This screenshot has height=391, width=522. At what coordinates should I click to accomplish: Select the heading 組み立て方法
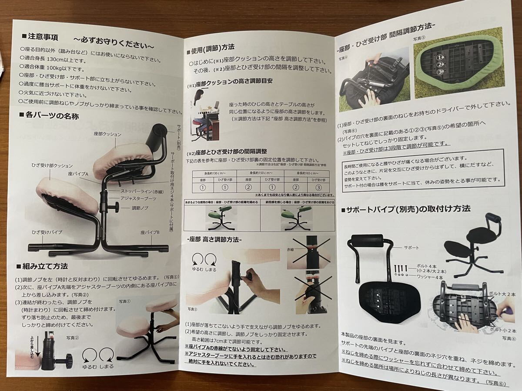click(x=45, y=265)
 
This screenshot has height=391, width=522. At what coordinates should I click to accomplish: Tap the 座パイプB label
click(x=150, y=233)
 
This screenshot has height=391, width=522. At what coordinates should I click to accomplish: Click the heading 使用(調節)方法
click(x=212, y=46)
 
